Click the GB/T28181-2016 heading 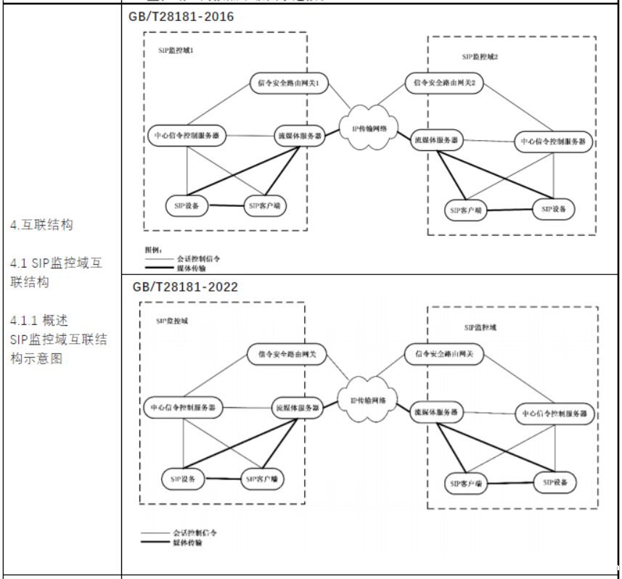tap(181, 17)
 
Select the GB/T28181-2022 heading tap(185, 287)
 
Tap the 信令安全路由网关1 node tap(289, 83)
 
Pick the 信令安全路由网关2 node tap(444, 83)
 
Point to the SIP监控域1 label tap(176, 50)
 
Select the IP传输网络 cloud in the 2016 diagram tap(375, 128)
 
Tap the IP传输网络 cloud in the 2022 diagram tap(374, 401)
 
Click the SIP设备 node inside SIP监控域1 tap(187, 205)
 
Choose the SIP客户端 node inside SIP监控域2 tap(465, 210)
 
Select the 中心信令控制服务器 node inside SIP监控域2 tap(553, 141)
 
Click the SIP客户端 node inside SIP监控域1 tap(263, 206)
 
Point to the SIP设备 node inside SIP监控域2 tap(557, 208)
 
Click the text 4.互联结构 tap(41, 225)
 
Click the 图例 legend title tap(154, 250)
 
